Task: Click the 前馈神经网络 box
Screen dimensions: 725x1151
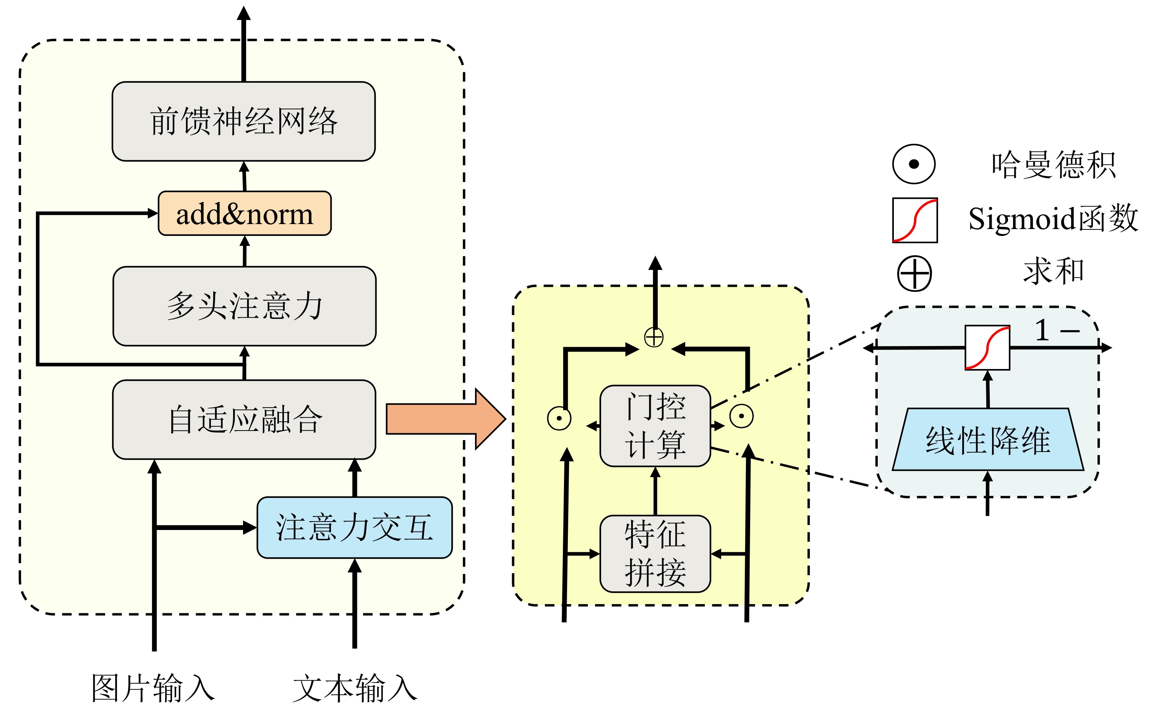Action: coord(244,122)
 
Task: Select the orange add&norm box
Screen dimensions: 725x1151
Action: coord(245,213)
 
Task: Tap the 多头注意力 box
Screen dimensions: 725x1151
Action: coord(245,306)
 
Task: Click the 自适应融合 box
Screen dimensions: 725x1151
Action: coord(244,419)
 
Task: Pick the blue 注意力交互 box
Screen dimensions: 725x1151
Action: coord(355,527)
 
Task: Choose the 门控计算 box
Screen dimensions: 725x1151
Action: coord(655,426)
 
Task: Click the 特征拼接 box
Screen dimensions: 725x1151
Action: coord(655,553)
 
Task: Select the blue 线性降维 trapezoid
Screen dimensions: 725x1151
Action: coord(988,439)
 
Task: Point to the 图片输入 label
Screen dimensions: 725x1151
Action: coord(153,689)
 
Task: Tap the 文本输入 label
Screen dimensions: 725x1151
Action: coord(355,689)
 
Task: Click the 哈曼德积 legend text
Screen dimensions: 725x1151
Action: coord(1054,164)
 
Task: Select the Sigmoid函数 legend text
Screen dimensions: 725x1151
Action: coord(1053,219)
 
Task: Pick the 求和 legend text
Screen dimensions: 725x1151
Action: coord(1054,271)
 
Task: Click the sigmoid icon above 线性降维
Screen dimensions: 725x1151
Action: coord(987,348)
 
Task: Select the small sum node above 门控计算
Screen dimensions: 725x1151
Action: coord(654,337)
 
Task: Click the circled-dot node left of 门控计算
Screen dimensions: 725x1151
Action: coord(559,418)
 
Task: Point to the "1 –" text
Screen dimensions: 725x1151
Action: coord(1056,330)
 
